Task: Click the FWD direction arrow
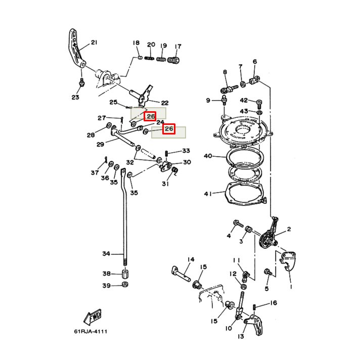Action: [93, 317]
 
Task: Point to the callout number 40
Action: [208, 156]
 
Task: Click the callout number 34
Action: [106, 253]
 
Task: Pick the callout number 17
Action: [178, 47]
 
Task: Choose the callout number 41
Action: [208, 194]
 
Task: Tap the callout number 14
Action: [190, 260]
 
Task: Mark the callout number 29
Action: [100, 145]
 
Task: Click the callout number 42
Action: [244, 100]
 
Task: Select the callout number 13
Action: [241, 336]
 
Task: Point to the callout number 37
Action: [95, 172]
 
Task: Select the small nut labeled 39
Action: [125, 285]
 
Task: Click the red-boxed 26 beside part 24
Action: [168, 129]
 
